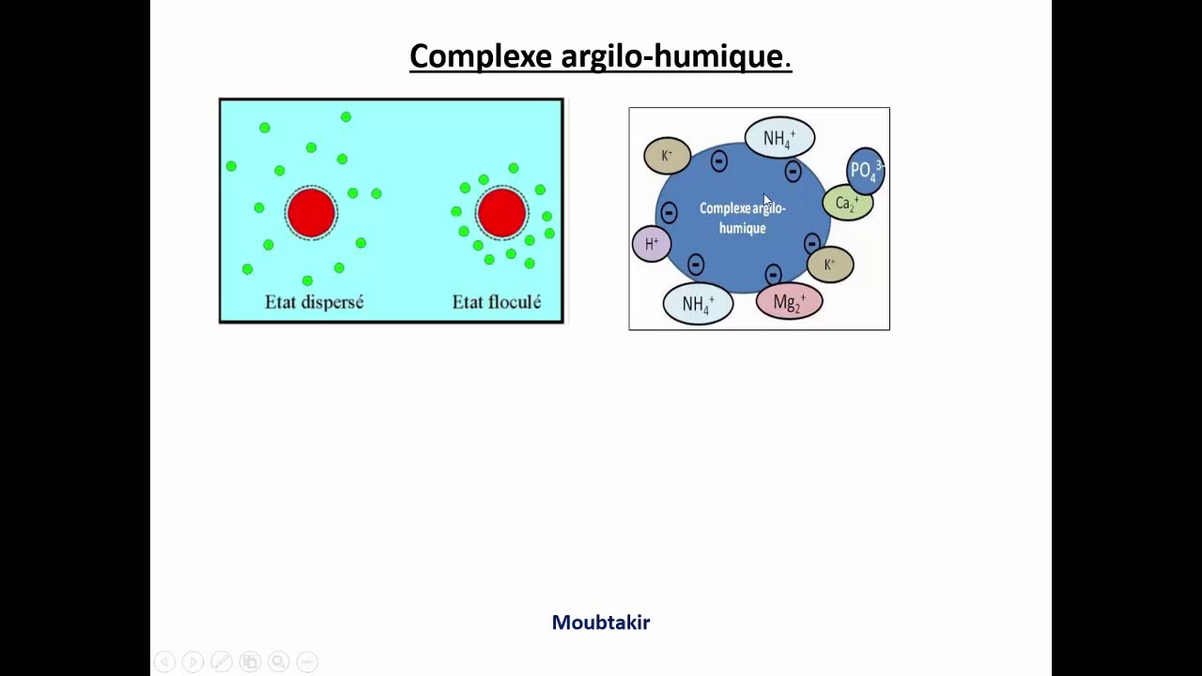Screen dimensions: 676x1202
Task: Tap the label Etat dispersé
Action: click(x=314, y=302)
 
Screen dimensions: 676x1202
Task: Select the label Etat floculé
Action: click(x=496, y=302)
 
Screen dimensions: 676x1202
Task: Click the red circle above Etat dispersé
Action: click(x=311, y=211)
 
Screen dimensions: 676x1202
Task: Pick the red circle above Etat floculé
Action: click(x=501, y=211)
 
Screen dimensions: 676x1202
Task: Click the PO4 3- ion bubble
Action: click(x=865, y=170)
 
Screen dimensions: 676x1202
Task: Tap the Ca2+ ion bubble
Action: click(x=847, y=204)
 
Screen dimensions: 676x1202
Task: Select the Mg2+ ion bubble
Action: click(x=789, y=302)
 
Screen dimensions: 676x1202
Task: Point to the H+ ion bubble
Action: click(x=652, y=244)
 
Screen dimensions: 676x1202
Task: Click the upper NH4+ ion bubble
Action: click(x=779, y=139)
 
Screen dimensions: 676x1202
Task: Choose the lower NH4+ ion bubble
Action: click(x=698, y=304)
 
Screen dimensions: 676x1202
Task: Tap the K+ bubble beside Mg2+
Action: click(x=829, y=265)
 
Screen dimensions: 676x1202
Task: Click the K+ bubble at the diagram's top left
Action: click(x=667, y=156)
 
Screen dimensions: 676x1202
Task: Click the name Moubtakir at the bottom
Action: click(x=600, y=622)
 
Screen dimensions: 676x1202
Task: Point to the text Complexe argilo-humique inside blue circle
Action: click(x=742, y=218)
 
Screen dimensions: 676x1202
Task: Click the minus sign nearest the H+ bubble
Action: click(x=669, y=213)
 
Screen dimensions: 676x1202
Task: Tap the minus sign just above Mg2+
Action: click(x=773, y=274)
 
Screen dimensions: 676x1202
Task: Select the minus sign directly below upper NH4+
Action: click(x=793, y=172)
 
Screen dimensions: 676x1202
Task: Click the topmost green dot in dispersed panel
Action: click(x=346, y=116)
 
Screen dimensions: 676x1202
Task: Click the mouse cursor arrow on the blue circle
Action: click(x=766, y=201)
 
